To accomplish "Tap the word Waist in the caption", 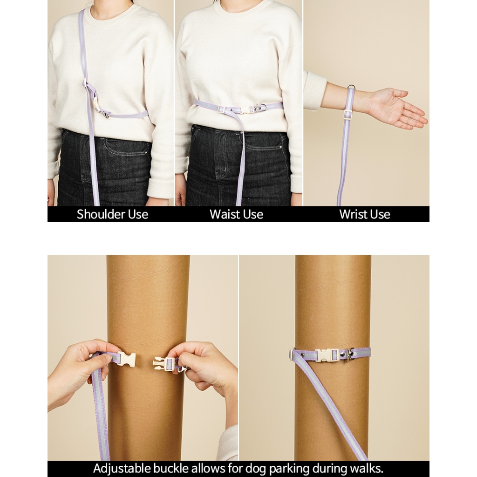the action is click(223, 214).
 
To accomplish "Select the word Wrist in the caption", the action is click(352, 214).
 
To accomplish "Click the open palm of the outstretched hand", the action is click(395, 107).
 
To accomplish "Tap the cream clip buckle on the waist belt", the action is click(247, 109).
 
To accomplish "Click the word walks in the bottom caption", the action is click(368, 469).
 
